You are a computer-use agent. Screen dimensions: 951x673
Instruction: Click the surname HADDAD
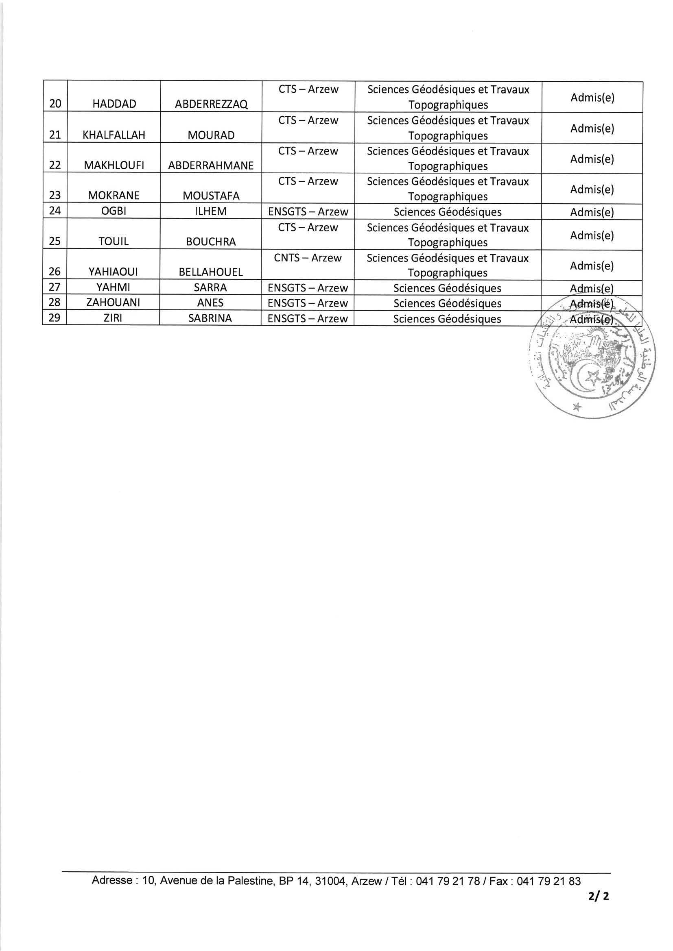click(x=114, y=104)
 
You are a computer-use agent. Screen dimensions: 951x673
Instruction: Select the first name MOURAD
click(x=211, y=135)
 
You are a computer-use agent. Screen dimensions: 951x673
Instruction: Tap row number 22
click(x=55, y=165)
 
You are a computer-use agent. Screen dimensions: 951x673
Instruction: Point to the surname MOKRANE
click(x=114, y=196)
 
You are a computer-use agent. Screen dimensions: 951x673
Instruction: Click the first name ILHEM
click(x=210, y=212)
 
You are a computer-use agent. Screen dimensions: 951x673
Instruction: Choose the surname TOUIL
click(x=114, y=242)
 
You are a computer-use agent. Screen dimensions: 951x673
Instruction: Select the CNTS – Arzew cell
click(x=308, y=258)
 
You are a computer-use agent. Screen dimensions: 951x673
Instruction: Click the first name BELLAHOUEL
click(x=210, y=272)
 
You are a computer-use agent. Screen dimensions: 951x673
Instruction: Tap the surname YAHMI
click(x=113, y=287)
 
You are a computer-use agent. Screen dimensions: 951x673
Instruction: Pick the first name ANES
click(x=210, y=303)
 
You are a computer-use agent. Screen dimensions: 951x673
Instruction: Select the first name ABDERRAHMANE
click(x=211, y=165)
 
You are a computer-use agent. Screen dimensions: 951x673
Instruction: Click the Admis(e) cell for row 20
click(x=592, y=97)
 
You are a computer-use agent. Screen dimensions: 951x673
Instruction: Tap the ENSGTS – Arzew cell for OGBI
click(x=308, y=212)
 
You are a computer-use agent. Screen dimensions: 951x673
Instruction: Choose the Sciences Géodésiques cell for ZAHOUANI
click(x=447, y=303)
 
